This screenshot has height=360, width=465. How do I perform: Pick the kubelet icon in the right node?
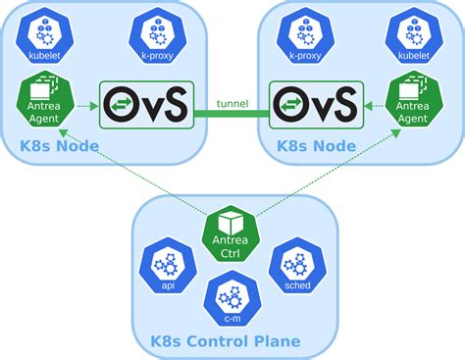point(413,37)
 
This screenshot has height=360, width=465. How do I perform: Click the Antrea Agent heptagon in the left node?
point(40,101)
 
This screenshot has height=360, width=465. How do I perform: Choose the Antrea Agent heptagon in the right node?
point(413,101)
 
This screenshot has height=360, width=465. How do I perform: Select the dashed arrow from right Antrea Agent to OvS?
point(373,106)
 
